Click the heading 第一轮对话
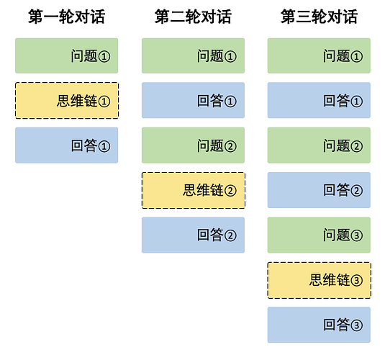click(66, 17)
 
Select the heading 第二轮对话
click(193, 17)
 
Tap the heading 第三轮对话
click(319, 17)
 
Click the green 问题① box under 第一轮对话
click(66, 55)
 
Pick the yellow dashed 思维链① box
click(66, 101)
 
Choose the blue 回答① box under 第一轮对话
click(66, 145)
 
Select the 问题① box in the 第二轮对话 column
click(193, 55)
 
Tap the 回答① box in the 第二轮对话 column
click(193, 101)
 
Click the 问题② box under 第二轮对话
click(193, 145)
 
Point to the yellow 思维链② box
click(193, 190)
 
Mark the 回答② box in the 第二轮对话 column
click(193, 235)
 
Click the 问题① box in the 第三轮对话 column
click(319, 55)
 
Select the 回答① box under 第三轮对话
click(319, 101)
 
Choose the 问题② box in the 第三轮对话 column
click(319, 145)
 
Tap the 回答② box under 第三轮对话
click(319, 190)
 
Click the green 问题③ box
click(319, 235)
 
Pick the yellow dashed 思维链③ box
click(319, 280)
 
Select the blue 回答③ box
click(319, 325)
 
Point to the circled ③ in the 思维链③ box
click(356, 280)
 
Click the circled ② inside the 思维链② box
click(230, 191)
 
